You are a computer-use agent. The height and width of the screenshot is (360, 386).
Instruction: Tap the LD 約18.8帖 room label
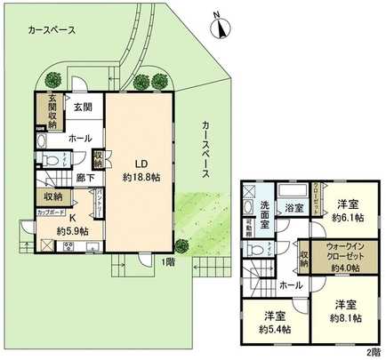pos(141,170)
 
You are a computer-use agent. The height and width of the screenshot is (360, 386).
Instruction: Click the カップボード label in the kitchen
pos(50,212)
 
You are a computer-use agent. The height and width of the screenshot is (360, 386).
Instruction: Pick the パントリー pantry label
pos(100,204)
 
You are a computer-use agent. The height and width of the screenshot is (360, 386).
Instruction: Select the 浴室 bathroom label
pos(294,208)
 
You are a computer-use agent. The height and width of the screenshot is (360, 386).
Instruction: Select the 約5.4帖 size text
pos(274,325)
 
